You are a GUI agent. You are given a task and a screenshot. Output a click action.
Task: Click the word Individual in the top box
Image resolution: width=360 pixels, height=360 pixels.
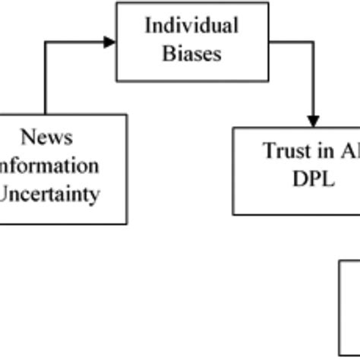(x=191, y=26)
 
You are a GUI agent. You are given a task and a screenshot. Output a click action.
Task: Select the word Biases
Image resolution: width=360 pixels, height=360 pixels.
(x=191, y=54)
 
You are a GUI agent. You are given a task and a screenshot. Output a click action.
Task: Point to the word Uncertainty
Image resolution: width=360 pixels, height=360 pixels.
(x=50, y=194)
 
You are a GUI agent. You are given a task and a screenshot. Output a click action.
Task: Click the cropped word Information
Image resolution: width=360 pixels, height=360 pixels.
(x=49, y=166)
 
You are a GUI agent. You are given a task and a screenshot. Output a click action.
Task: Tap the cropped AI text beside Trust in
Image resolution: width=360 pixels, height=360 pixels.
(x=349, y=150)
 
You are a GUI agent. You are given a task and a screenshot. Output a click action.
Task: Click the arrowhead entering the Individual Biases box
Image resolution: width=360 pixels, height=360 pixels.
(x=110, y=43)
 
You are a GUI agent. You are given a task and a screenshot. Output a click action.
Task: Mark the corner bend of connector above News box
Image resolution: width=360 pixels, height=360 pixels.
(x=46, y=43)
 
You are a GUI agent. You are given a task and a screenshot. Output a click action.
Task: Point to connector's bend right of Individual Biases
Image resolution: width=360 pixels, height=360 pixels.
(x=313, y=43)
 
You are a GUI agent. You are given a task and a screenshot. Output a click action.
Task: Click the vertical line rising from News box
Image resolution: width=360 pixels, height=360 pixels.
(x=46, y=80)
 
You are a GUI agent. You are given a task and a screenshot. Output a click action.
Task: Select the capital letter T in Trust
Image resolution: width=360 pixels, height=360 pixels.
(x=268, y=150)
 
